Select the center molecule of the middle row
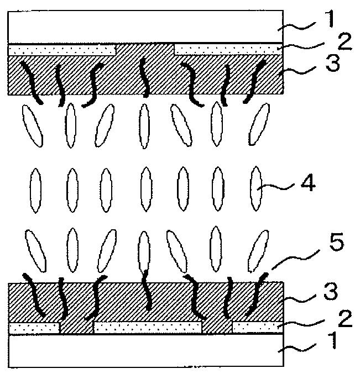tap(145, 188)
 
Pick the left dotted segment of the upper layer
tap(62, 50)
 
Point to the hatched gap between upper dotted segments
tap(145, 50)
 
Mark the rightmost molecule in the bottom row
tap(257, 249)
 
